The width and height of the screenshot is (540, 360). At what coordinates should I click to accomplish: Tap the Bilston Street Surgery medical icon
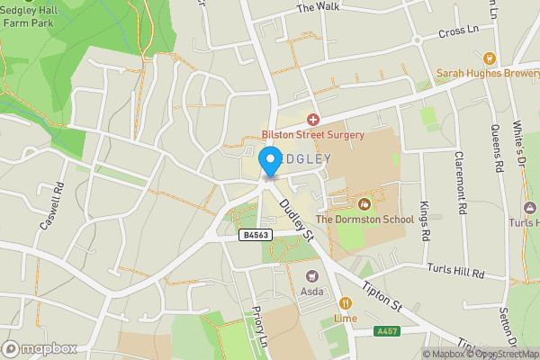(313, 119)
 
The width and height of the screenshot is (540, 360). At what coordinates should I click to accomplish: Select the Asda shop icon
(313, 276)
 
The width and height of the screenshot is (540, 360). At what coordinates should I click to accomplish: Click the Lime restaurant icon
(346, 303)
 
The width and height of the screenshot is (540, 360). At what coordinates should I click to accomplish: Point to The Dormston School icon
(364, 203)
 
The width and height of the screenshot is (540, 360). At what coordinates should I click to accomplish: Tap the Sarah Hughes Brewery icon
(490, 57)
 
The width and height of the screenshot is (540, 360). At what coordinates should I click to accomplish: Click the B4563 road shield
(256, 234)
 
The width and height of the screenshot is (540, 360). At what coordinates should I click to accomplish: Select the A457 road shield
(387, 331)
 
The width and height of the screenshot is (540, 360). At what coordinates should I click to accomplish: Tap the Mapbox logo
(40, 348)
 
